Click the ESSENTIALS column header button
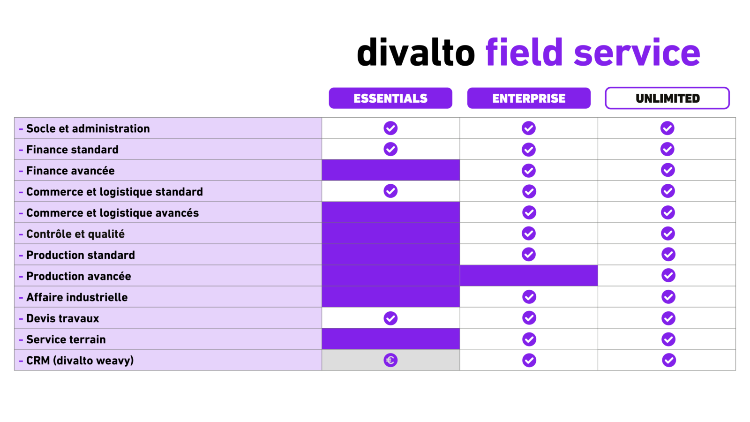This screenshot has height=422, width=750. (390, 98)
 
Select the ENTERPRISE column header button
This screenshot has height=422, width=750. (529, 98)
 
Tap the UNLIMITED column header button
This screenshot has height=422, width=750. (667, 98)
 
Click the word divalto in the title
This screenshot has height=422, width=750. (416, 53)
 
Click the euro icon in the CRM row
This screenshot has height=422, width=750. (390, 360)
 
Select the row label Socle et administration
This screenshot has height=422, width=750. (88, 128)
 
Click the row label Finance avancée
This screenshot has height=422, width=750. (70, 171)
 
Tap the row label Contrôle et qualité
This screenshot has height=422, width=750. (75, 234)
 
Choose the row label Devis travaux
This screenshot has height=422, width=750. (62, 318)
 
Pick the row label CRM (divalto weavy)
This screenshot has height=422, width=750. (80, 361)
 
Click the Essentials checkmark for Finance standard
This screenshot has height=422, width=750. (390, 149)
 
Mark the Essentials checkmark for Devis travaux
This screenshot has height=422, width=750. (390, 318)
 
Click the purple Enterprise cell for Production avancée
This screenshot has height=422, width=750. (529, 276)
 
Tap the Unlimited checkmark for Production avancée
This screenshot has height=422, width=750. (668, 275)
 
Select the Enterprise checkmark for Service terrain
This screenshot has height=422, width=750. (529, 339)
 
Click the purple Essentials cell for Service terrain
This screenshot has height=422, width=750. (390, 339)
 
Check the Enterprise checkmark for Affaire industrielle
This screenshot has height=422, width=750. (529, 297)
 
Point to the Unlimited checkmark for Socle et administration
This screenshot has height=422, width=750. (667, 128)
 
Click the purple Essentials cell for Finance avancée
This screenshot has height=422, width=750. (390, 170)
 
